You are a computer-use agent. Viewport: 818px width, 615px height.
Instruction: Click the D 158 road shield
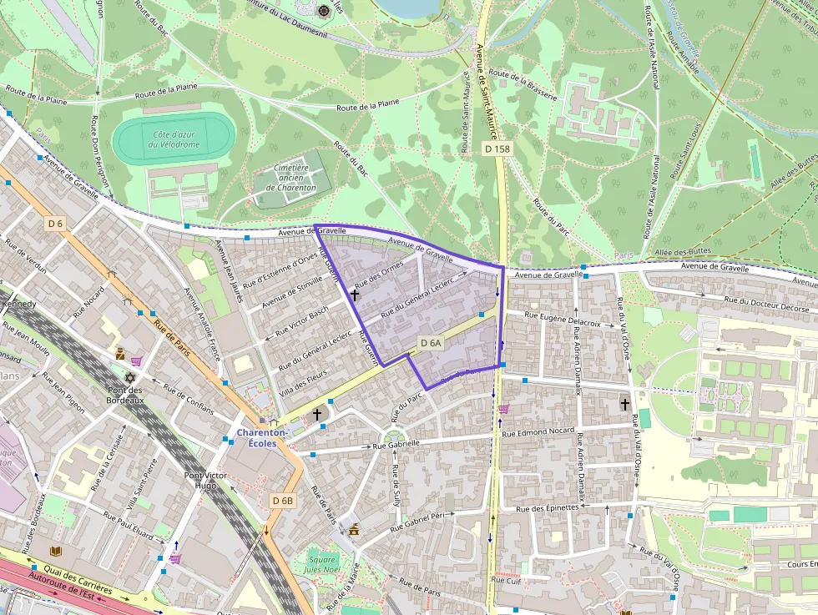(497, 149)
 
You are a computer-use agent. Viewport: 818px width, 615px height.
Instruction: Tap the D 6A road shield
(431, 343)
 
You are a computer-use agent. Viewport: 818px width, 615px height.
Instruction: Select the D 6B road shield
(283, 501)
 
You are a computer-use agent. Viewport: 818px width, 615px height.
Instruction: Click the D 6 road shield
(55, 224)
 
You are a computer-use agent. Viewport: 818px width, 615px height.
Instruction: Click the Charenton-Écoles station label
(262, 438)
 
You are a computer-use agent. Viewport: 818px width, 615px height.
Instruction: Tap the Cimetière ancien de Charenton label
(291, 178)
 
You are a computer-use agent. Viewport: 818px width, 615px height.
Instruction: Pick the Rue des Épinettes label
(547, 507)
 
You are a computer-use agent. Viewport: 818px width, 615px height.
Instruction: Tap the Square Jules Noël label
(321, 563)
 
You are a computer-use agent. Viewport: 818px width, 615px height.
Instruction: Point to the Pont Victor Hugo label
(205, 480)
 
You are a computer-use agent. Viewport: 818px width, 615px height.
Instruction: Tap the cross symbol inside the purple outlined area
(355, 295)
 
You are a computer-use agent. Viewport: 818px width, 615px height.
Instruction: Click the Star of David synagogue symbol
(129, 378)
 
